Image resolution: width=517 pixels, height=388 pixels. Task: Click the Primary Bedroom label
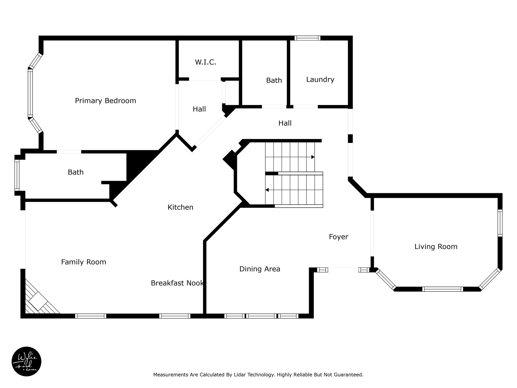pos(106,101)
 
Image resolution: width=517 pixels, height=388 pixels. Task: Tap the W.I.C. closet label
pos(205,62)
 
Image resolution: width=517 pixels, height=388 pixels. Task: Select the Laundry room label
pos(320,80)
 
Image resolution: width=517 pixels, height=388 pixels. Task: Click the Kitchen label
pos(180,207)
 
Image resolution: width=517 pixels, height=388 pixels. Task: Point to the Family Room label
pos(84,262)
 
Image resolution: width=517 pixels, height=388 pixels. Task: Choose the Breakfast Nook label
pos(177,283)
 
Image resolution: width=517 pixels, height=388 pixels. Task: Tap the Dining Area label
pos(260,269)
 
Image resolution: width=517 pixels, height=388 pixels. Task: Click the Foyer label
pos(339,237)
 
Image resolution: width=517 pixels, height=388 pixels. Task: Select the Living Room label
pos(436,247)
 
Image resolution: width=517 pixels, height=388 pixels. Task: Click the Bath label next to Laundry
pos(274,80)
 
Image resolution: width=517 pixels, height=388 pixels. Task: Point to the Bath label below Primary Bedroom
pos(75,172)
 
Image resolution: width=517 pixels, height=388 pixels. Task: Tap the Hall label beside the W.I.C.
pos(199,109)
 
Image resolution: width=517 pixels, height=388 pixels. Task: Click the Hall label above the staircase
pos(285,123)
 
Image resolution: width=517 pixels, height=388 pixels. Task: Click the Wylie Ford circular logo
pos(27,361)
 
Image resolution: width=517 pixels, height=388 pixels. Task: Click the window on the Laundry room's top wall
pos(307,38)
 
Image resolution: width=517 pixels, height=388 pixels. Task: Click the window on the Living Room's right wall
pos(500,223)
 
